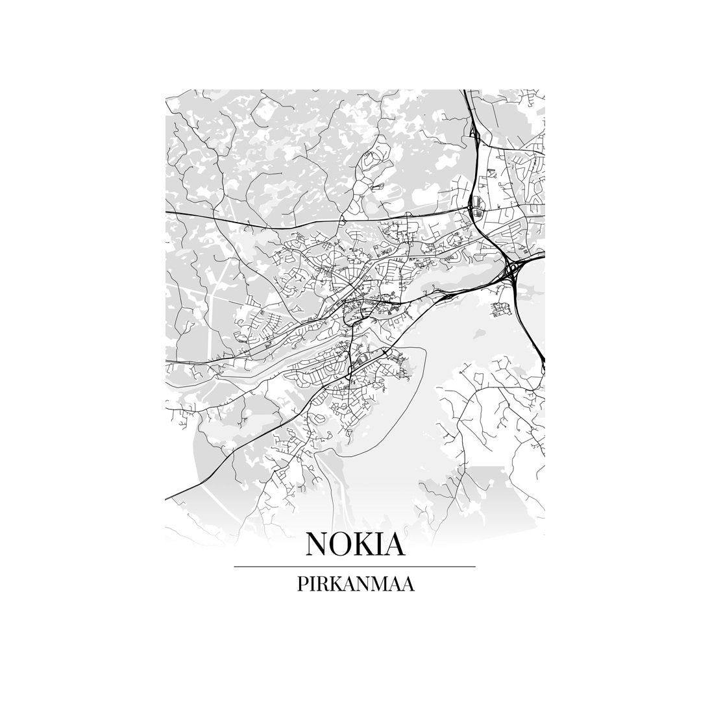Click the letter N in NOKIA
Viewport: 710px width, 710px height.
317,544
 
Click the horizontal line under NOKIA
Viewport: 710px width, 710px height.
354,567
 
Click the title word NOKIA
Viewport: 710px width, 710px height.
355,544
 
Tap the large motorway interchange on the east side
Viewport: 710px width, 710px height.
513,269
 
